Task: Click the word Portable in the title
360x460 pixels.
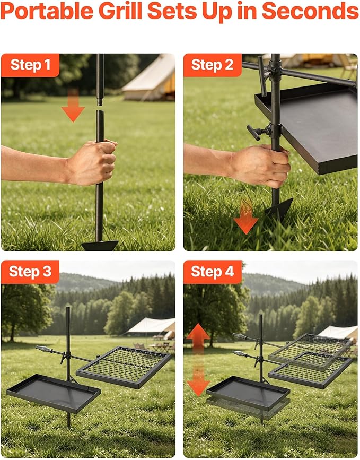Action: [x=47, y=11]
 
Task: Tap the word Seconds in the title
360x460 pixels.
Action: [x=310, y=11]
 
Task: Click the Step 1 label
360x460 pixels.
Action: [x=31, y=65]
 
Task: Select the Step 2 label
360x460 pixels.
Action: [x=212, y=65]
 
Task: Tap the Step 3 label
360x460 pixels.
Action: [x=30, y=271]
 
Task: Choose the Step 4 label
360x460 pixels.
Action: [x=213, y=271]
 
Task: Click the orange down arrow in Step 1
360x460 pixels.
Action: [x=73, y=106]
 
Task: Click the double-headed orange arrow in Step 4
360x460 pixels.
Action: [x=198, y=360]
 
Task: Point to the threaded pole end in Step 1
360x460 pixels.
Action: [x=100, y=102]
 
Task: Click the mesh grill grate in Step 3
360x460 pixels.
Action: [x=124, y=367]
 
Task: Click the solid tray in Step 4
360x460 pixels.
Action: [x=248, y=393]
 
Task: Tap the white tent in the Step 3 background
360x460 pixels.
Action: [x=151, y=328]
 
